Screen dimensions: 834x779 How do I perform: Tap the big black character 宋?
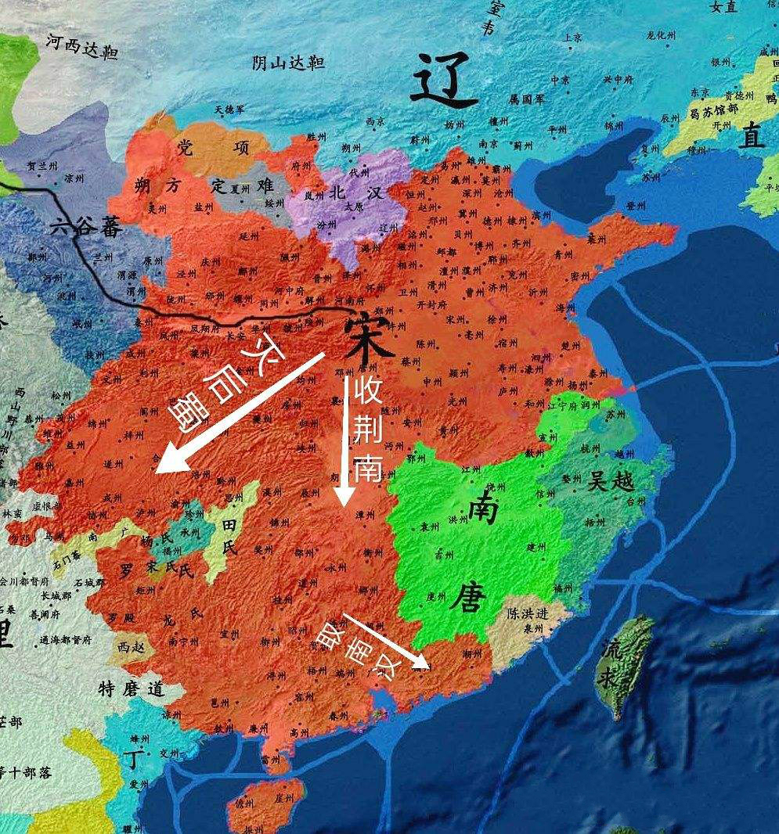368,336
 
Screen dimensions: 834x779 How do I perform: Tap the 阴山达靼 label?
288,63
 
